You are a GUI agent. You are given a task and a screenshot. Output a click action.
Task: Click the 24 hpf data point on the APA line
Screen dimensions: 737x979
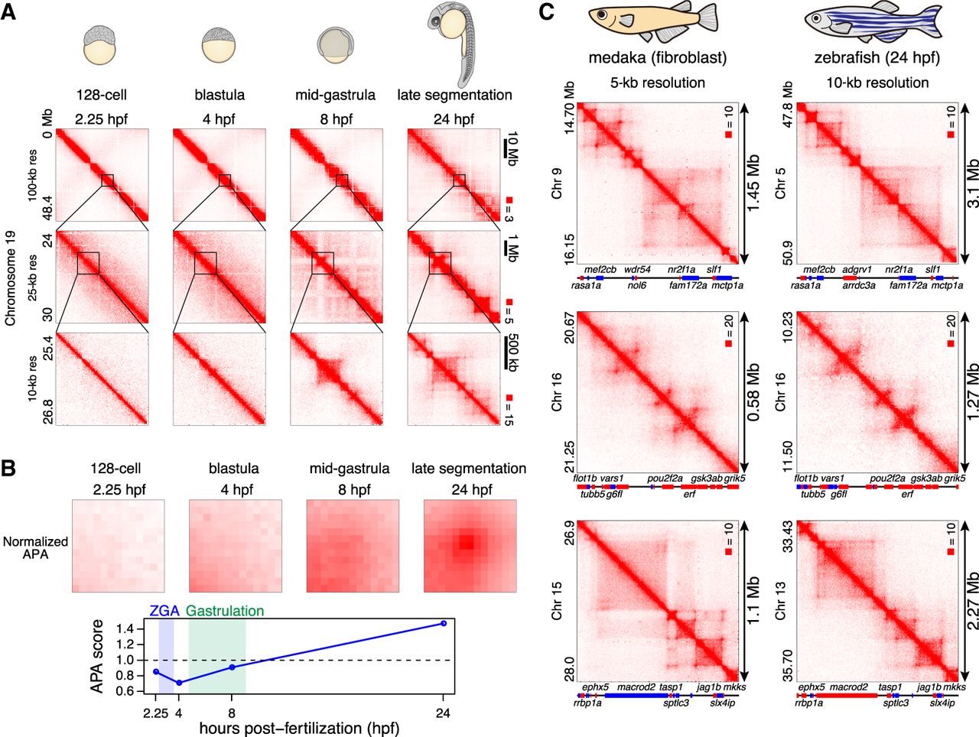pyautogui.click(x=444, y=623)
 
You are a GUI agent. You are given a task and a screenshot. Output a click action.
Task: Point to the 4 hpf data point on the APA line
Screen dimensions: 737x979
pyautogui.click(x=179, y=683)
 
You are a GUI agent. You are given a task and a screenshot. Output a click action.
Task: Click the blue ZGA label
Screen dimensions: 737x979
pyautogui.click(x=164, y=611)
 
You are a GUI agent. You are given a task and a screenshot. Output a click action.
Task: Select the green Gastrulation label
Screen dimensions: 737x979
pyautogui.click(x=225, y=611)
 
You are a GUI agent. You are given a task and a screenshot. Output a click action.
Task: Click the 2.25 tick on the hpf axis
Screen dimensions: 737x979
pyautogui.click(x=155, y=714)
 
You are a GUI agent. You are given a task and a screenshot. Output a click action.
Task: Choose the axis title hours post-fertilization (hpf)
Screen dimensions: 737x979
pyautogui.click(x=299, y=729)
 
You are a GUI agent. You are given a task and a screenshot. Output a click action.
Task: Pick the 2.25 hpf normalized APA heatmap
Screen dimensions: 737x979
pyautogui.click(x=118, y=545)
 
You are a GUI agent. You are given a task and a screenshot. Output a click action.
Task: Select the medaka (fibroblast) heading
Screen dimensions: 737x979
pyautogui.click(x=657, y=57)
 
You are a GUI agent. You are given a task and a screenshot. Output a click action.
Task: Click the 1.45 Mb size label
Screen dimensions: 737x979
pyautogui.click(x=753, y=184)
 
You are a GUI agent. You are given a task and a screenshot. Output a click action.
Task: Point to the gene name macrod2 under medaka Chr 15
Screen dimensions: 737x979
pyautogui.click(x=636, y=687)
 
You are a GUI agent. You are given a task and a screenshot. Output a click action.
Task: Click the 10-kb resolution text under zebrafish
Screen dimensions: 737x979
pyautogui.click(x=877, y=83)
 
